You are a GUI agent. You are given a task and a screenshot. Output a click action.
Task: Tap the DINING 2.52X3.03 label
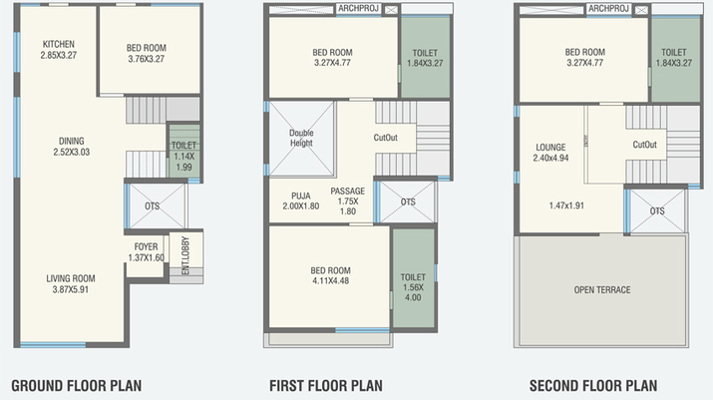(x=72, y=147)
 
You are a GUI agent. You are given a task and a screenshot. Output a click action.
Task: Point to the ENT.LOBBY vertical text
(x=185, y=255)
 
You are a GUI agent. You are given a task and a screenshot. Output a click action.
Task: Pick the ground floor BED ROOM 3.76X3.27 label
(x=147, y=53)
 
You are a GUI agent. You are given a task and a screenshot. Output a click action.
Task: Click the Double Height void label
(x=301, y=138)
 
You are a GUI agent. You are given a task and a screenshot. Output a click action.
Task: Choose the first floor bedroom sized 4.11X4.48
(x=331, y=275)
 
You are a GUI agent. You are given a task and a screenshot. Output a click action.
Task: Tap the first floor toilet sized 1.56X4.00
(x=413, y=287)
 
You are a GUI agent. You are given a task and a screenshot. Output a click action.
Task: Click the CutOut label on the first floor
(x=386, y=138)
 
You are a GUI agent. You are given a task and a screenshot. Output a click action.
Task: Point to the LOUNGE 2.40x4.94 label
(x=550, y=153)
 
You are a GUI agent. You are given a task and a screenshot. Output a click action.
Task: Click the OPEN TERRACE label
(x=602, y=290)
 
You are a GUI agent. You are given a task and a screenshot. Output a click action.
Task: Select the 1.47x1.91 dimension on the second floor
(x=566, y=205)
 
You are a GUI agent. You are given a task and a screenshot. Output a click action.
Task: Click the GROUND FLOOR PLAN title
(x=77, y=386)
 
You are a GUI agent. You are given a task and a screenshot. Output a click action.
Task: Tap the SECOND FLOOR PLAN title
(x=593, y=386)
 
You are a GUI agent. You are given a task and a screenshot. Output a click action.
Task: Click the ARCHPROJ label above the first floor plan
(x=358, y=9)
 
